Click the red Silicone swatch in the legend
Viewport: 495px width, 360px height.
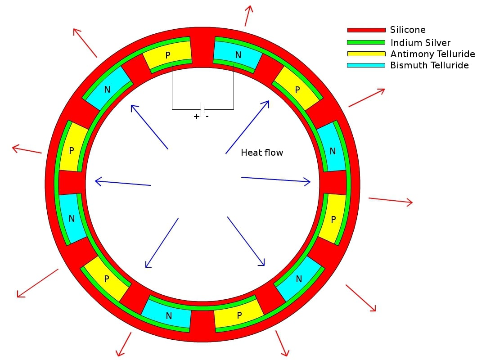click(x=366, y=30)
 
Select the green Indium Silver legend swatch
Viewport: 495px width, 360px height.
click(x=366, y=42)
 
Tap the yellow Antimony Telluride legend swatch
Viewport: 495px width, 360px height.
click(x=366, y=54)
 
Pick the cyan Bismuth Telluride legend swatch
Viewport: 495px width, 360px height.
click(x=366, y=65)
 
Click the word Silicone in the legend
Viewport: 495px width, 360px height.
click(x=408, y=30)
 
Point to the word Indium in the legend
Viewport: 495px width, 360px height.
click(x=403, y=43)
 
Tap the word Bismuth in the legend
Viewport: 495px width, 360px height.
click(x=406, y=66)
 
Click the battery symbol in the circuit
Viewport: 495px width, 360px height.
click(x=203, y=109)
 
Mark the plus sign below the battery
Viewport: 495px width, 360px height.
click(x=196, y=117)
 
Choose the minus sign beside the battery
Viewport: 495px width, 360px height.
click(x=207, y=116)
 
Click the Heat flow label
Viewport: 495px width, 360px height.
click(x=262, y=153)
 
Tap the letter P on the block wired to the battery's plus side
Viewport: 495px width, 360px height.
click(x=168, y=55)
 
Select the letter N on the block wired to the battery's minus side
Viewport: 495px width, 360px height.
click(x=238, y=55)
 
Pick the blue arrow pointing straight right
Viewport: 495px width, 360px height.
click(x=276, y=180)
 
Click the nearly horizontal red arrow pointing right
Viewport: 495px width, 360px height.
click(x=390, y=201)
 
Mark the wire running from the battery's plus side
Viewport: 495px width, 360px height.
click(x=172, y=90)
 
